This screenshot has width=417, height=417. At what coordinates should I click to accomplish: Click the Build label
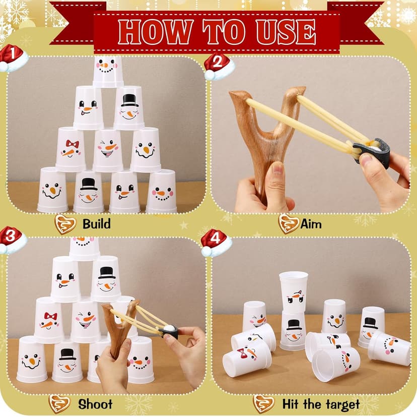(x=97, y=223)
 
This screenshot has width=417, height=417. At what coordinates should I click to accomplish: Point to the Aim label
(x=311, y=223)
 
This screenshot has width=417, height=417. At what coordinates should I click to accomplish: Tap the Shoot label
(x=95, y=404)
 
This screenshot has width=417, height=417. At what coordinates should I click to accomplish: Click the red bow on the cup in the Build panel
(x=72, y=144)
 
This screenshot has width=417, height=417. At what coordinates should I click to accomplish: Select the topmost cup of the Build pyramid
(x=108, y=70)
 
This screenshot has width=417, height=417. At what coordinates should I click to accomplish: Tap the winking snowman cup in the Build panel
(x=108, y=150)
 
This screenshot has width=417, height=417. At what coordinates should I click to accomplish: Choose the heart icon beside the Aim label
(x=288, y=223)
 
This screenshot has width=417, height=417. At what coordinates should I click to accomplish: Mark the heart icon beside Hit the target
(x=263, y=404)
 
